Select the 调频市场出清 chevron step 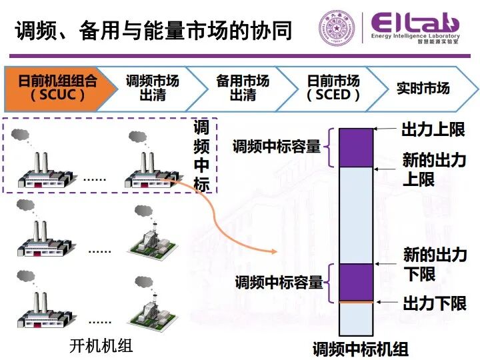153,88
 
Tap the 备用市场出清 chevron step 243,88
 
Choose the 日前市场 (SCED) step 333,88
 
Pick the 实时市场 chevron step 423,88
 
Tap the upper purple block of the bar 355,147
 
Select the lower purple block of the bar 355,282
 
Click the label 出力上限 433,129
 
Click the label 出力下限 434,304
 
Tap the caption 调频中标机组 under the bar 361,349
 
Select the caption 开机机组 101,346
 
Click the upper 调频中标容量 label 277,147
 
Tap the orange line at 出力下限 355,303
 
